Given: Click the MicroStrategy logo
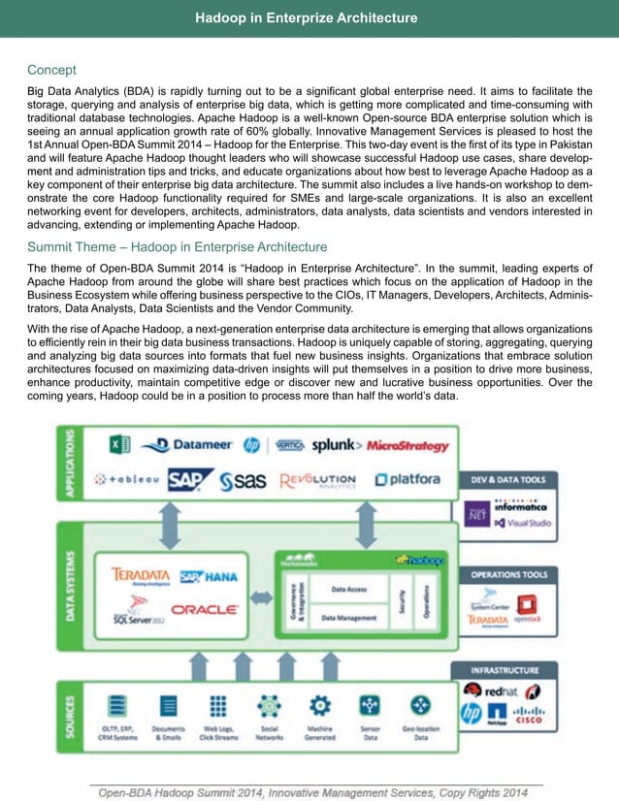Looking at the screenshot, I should click(x=407, y=445).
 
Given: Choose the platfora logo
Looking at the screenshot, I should click(x=407, y=479).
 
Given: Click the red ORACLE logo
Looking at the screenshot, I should click(x=204, y=609).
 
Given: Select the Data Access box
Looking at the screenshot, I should click(x=348, y=589).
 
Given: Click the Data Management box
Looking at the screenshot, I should click(x=348, y=617).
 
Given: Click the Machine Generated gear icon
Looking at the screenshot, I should click(x=320, y=705).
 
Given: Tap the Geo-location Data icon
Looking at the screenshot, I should click(x=421, y=705).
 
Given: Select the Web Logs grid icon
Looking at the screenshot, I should click(x=218, y=705).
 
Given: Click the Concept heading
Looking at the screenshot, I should click(x=51, y=70).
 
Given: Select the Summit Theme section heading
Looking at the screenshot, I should click(x=177, y=246).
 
